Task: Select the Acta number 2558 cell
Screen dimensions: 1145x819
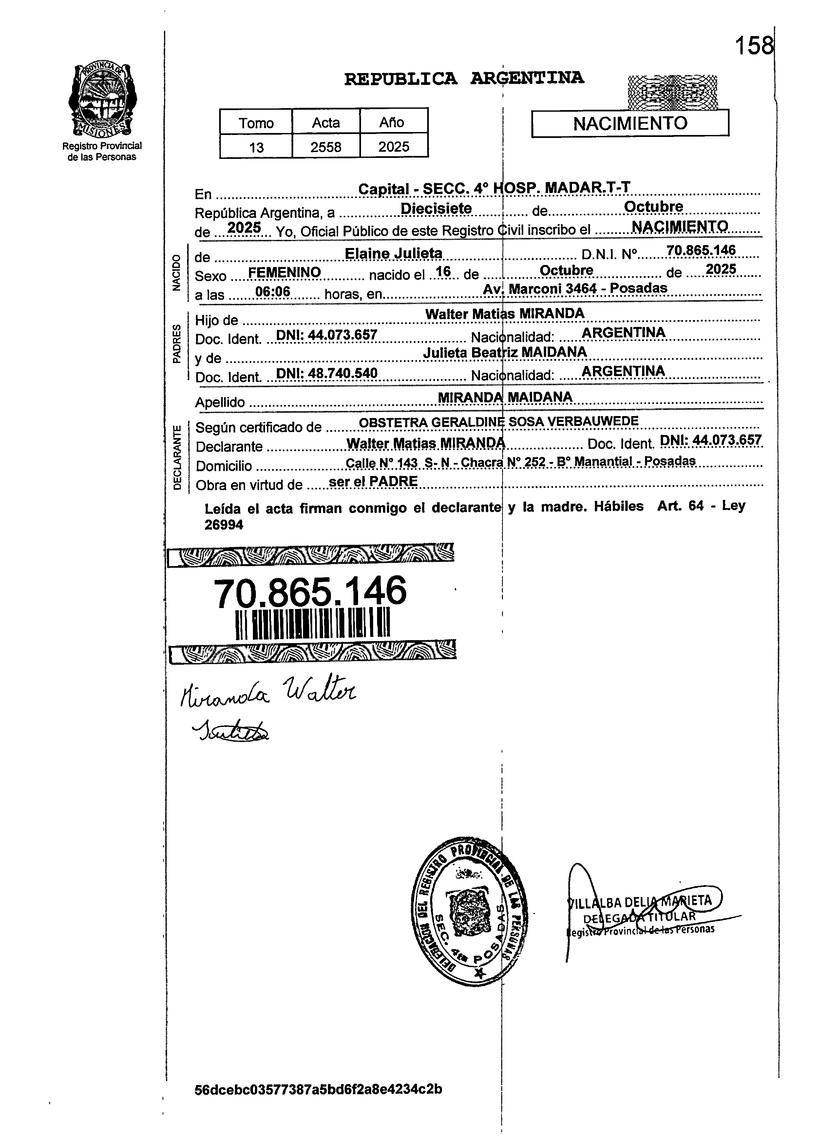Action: pos(326,147)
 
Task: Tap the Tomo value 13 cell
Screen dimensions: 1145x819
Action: pos(256,147)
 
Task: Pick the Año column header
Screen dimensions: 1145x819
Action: pos(393,122)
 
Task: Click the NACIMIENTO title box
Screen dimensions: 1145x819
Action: pos(630,124)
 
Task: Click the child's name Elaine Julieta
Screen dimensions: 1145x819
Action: pos(393,253)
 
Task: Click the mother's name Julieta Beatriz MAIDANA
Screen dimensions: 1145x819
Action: pos(504,353)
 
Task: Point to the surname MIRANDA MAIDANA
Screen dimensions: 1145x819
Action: pos(505,397)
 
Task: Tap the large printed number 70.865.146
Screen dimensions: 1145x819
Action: pos(310,592)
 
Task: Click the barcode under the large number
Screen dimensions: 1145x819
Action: pos(313,624)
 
